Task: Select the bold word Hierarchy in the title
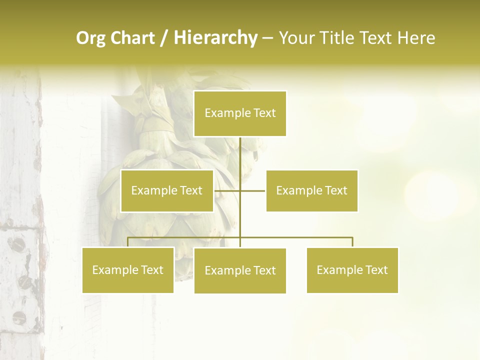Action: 215,38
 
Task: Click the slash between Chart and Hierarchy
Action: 164,38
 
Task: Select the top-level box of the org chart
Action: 240,113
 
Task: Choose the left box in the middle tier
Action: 167,190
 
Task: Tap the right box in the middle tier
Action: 311,190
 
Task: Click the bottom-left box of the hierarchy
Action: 128,270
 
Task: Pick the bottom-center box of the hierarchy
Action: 240,270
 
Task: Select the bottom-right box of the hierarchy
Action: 352,270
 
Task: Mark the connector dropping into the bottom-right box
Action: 352,242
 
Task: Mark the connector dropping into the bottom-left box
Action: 128,242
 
